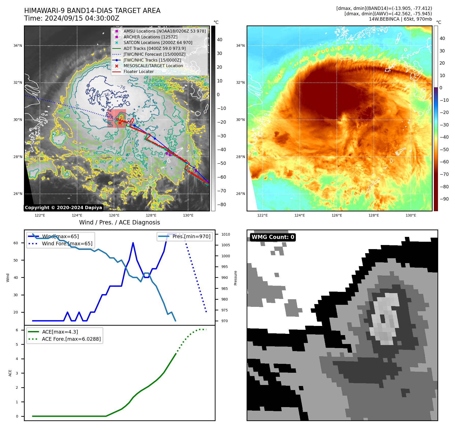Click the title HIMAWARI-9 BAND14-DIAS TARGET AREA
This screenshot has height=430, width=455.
coord(92,11)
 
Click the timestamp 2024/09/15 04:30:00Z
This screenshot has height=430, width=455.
coord(82,19)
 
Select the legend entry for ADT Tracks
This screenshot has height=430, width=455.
coord(154,48)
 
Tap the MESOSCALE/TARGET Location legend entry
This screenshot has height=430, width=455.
coord(153,66)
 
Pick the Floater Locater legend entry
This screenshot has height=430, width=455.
coord(138,71)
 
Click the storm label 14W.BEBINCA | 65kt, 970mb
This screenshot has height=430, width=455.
coord(400,19)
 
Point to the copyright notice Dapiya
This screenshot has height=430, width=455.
coord(63,208)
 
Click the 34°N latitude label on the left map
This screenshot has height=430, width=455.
coord(18,46)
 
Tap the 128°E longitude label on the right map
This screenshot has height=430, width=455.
coord(374,215)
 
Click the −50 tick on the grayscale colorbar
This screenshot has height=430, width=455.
coord(221,163)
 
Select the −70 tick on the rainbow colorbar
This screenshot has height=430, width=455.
coord(444,174)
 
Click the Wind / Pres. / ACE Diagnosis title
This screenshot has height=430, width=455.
coord(119,222)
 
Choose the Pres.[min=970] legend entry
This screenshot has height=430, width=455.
coord(191,236)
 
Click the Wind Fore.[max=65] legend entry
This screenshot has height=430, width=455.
coord(67,243)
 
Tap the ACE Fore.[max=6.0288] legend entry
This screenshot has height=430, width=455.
coord(71,339)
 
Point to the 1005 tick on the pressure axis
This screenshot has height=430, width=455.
coord(225,245)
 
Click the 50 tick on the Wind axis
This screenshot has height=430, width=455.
coord(16,260)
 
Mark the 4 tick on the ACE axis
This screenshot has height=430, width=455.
coord(17,359)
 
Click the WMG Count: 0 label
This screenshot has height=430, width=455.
coord(273,237)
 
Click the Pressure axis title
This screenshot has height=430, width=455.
coord(235,278)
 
